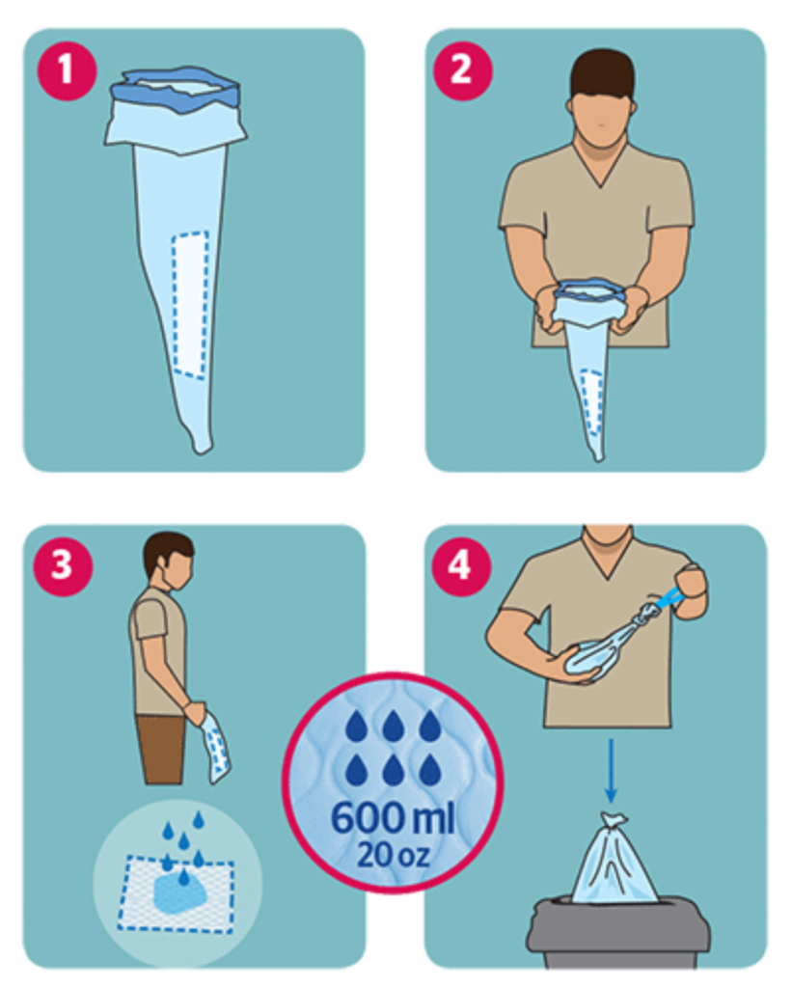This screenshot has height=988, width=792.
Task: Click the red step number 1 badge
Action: (x=67, y=69)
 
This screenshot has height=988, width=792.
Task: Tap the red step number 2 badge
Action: (x=462, y=69)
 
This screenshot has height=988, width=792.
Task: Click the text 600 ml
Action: (x=393, y=817)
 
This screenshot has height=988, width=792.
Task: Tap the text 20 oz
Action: (x=394, y=855)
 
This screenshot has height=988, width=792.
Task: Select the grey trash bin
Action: (x=618, y=933)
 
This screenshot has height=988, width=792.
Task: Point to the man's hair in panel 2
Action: (x=602, y=72)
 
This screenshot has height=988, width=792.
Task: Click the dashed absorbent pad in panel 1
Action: (x=190, y=305)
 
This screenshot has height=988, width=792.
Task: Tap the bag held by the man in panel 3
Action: (x=215, y=748)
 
